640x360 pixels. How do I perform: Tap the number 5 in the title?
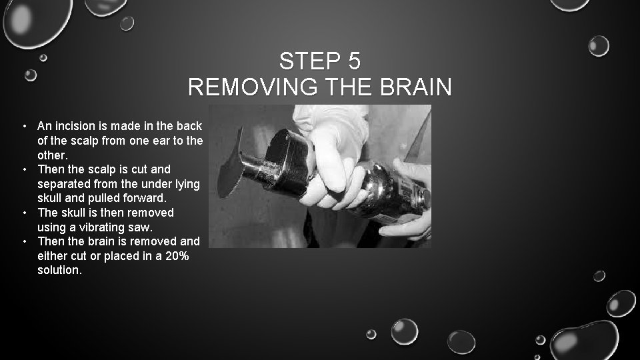tap(354, 61)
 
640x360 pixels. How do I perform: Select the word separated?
tap(66, 183)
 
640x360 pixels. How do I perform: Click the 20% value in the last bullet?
tap(175, 255)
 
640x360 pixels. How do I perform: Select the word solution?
tap(59, 270)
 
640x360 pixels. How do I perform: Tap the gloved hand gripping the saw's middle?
tap(333, 167)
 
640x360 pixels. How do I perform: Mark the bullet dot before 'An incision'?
tap(23, 126)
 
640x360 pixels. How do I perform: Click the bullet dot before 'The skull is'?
tap(23, 213)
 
